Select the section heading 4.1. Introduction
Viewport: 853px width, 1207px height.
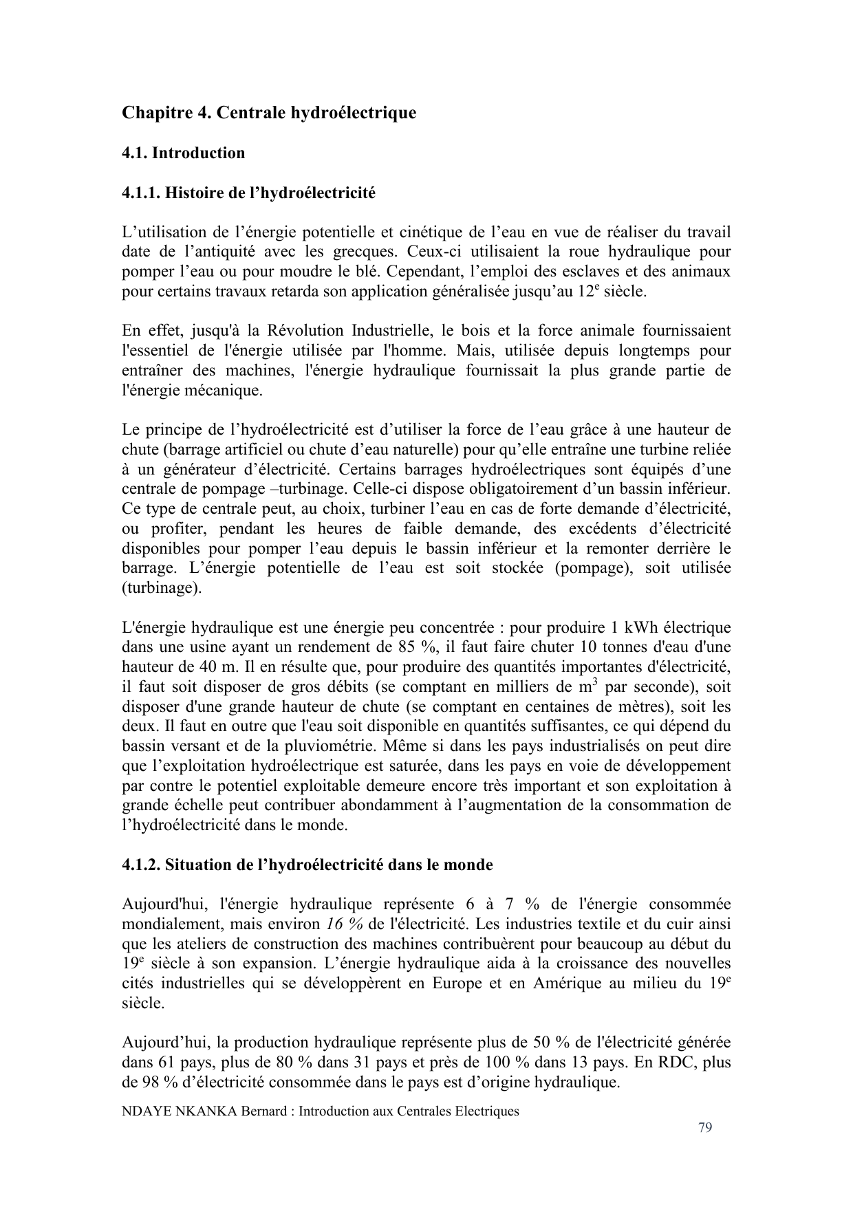183,153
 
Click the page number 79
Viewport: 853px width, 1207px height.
704,1127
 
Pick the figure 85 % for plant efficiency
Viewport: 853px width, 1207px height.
407,647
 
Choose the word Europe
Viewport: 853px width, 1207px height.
457,983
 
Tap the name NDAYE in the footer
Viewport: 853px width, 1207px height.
144,1111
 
